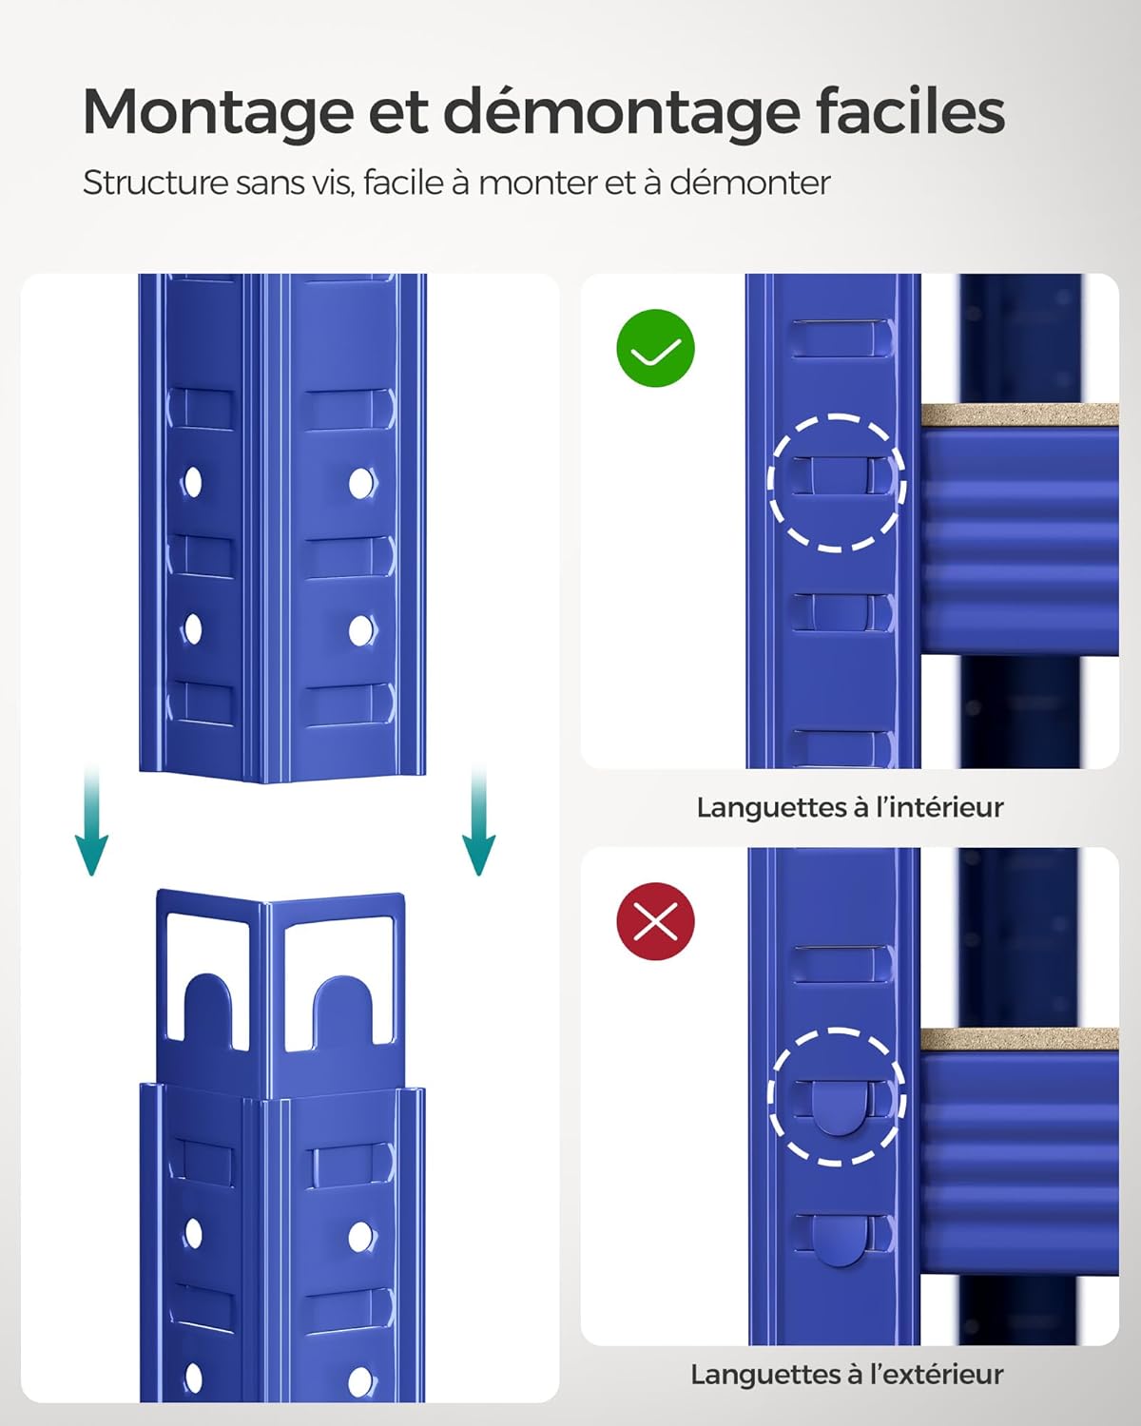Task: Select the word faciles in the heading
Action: pyautogui.click(x=910, y=111)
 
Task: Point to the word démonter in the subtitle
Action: pyautogui.click(x=750, y=182)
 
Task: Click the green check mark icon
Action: pyautogui.click(x=656, y=348)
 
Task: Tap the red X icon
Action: pyautogui.click(x=656, y=921)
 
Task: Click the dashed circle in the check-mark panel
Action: pyautogui.click(x=837, y=483)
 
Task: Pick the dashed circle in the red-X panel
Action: pyautogui.click(x=837, y=1096)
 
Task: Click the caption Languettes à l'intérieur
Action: pyautogui.click(x=850, y=807)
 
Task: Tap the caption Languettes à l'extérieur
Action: pyautogui.click(x=847, y=1375)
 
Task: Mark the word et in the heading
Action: pyautogui.click(x=396, y=113)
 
